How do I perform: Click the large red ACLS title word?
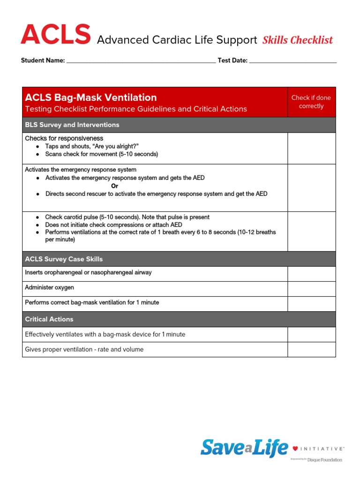(x=55, y=36)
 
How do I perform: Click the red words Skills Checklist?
(x=298, y=40)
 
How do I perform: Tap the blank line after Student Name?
(x=141, y=60)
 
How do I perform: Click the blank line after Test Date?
(x=292, y=60)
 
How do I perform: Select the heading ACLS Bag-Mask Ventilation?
(x=91, y=97)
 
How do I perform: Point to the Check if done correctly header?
(x=311, y=102)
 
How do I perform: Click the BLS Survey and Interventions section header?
(x=72, y=125)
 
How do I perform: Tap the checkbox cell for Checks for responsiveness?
(x=311, y=148)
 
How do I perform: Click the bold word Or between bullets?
(x=114, y=186)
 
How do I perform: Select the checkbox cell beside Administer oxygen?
(x=311, y=289)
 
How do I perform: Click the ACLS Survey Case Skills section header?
(x=64, y=259)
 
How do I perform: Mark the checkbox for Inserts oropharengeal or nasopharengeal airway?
(x=311, y=274)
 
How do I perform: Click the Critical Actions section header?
(x=49, y=319)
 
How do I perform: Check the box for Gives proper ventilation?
(x=311, y=349)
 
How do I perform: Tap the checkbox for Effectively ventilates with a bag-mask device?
(x=311, y=334)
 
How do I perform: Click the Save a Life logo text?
(x=244, y=448)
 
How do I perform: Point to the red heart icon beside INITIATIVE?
(x=295, y=449)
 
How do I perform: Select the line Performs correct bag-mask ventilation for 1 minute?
(x=92, y=303)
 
